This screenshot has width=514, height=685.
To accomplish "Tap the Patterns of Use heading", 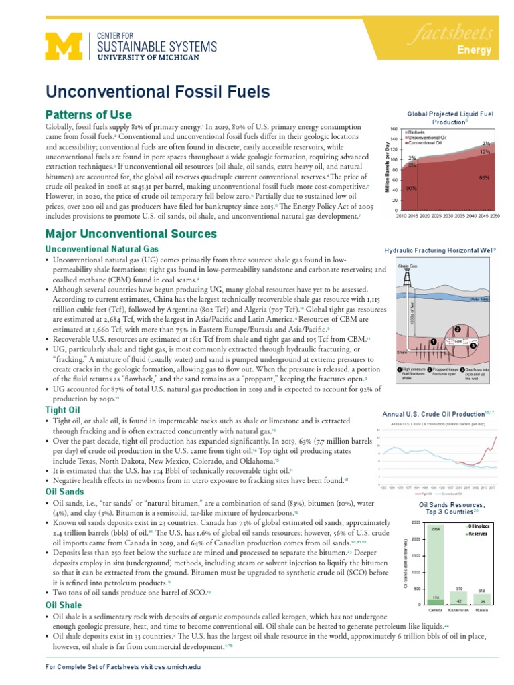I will pos(88,114).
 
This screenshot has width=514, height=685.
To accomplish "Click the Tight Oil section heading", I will pos(64,409).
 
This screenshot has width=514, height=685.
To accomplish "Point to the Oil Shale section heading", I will pos(64,605).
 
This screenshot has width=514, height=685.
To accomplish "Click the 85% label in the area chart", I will pos(484,177).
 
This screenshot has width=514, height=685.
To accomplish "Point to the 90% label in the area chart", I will pos(412,189).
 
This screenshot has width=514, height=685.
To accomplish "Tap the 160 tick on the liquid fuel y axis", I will pos(393,129).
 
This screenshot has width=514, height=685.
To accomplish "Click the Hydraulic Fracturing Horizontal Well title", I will pos(439,250).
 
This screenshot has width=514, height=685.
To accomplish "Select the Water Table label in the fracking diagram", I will pos(480,299).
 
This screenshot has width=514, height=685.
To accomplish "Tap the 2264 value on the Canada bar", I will pos(435,529).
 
